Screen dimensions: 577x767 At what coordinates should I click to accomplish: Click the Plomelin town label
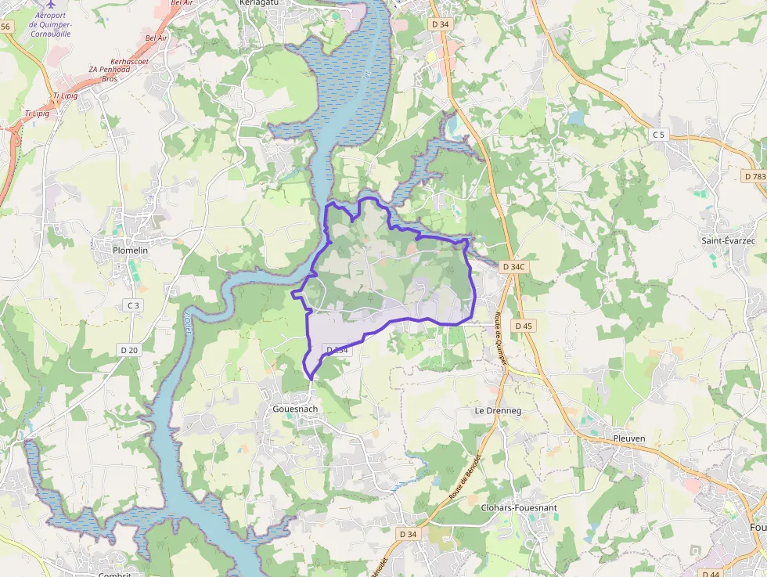click(x=130, y=251)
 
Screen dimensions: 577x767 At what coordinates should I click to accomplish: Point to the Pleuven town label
click(x=629, y=438)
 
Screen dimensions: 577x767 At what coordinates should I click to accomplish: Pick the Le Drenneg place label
click(x=498, y=410)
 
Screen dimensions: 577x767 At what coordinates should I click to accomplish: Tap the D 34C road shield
click(x=513, y=267)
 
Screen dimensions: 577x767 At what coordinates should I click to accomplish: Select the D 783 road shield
click(x=754, y=176)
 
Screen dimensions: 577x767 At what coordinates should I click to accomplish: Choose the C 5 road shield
click(x=658, y=135)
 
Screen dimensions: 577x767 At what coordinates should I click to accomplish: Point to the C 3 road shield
click(x=133, y=305)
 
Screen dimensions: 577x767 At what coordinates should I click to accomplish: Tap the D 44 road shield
click(x=711, y=573)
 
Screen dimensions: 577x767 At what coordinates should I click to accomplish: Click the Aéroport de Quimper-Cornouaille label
click(x=50, y=25)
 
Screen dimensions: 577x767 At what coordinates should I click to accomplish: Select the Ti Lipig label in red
click(x=67, y=96)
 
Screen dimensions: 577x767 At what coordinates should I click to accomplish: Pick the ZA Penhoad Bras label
click(x=110, y=74)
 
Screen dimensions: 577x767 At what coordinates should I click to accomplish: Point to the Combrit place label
click(x=114, y=573)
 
